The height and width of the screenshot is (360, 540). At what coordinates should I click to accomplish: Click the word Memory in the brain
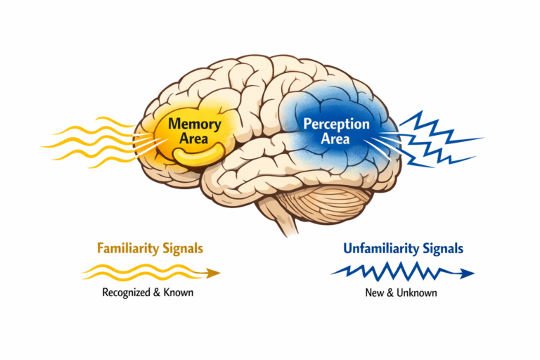195,124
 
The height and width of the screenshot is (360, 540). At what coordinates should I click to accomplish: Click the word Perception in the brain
336,124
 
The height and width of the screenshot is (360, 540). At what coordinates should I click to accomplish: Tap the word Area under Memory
195,139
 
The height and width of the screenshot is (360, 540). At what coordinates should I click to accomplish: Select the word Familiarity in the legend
124,248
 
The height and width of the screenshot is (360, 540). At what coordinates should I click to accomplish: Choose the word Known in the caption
178,292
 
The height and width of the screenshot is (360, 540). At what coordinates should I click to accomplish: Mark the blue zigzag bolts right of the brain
436,139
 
